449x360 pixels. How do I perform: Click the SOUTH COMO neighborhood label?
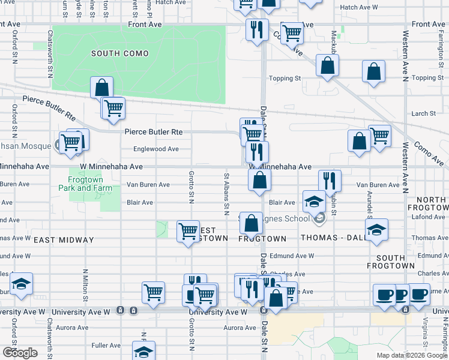119,54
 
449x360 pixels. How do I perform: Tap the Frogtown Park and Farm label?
85,184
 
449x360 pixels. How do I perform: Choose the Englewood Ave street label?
156,149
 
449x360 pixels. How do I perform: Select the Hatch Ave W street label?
358,8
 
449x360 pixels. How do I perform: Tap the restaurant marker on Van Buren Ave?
330,181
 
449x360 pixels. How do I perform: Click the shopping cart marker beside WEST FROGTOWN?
188,232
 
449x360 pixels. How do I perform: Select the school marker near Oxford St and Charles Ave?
21,284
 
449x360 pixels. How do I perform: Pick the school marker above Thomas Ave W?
376,230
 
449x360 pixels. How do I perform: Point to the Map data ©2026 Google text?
412,355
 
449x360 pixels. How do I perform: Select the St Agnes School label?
285,217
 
